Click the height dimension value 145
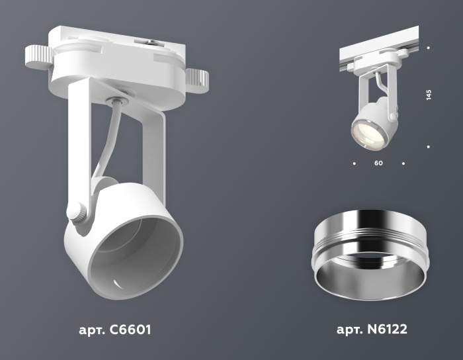pos(429,95)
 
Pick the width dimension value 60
pos(378,162)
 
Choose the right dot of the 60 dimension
pos(403,162)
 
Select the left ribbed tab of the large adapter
pos(38,57)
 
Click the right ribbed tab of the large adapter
pos(198,79)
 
